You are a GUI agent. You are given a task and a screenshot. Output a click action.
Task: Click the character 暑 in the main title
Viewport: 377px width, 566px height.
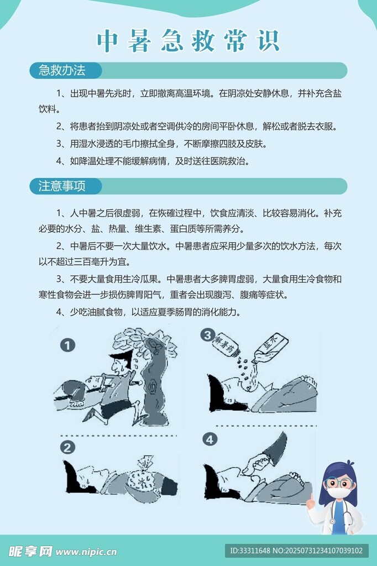click(139, 41)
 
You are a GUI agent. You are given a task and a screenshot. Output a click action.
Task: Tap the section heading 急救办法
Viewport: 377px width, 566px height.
click(62, 70)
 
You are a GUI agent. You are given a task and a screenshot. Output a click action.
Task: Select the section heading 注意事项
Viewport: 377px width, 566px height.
click(62, 186)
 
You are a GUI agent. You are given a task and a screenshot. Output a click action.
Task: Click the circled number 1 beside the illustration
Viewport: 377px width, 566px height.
click(67, 345)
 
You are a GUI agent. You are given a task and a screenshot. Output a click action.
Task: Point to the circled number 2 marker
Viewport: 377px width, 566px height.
click(67, 448)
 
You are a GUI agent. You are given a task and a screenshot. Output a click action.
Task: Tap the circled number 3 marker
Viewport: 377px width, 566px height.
click(208, 335)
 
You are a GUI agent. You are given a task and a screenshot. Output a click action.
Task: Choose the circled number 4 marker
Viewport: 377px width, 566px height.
click(210, 439)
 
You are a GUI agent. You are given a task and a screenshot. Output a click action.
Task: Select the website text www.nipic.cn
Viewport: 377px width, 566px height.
click(86, 552)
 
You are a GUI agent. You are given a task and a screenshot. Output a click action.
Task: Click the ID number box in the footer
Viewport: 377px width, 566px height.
click(296, 551)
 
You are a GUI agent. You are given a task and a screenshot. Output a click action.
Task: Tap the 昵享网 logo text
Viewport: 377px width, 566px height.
click(31, 551)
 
